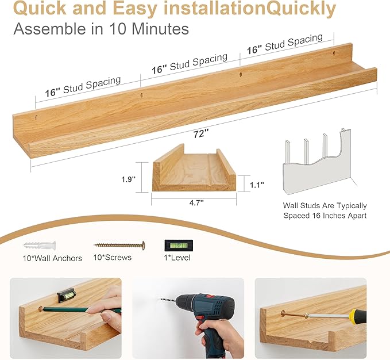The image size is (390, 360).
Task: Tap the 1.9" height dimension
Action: tap(128, 179)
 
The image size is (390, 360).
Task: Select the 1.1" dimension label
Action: tap(256, 185)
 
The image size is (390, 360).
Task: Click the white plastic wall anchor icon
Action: tap(40, 246)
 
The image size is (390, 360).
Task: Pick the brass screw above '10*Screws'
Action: tap(119, 246)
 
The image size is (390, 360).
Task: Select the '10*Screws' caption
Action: tap(113, 258)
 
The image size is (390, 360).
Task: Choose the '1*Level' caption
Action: tap(177, 258)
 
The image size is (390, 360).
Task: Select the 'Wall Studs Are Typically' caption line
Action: tap(325, 205)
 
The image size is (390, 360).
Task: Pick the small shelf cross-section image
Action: tap(194, 170)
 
